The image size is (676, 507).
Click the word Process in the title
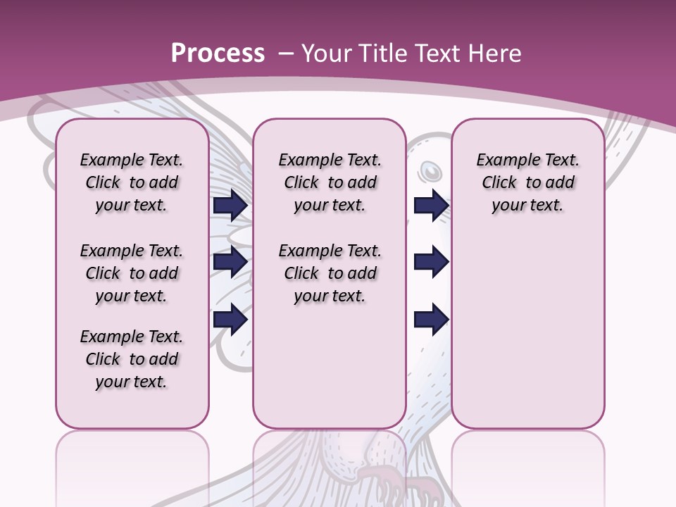pyautogui.click(x=218, y=54)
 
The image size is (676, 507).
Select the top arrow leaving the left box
pyautogui.click(x=230, y=205)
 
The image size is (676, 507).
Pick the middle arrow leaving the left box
pyautogui.click(x=230, y=262)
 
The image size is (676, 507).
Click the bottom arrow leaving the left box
pyautogui.click(x=230, y=319)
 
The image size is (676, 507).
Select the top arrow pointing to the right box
pyautogui.click(x=431, y=205)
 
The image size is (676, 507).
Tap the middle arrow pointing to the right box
pyautogui.click(x=431, y=262)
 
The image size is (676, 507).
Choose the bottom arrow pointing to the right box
pyautogui.click(x=431, y=319)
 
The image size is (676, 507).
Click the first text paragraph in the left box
pyautogui.click(x=132, y=182)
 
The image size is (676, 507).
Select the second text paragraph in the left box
pyautogui.click(x=132, y=273)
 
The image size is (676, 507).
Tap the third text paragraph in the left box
pyautogui.click(x=132, y=359)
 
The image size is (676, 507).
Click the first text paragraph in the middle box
pyautogui.click(x=330, y=182)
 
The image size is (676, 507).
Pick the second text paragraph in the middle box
pyautogui.click(x=330, y=273)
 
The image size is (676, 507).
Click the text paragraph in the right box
pyautogui.click(x=527, y=182)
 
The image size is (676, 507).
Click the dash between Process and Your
pyautogui.click(x=284, y=54)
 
